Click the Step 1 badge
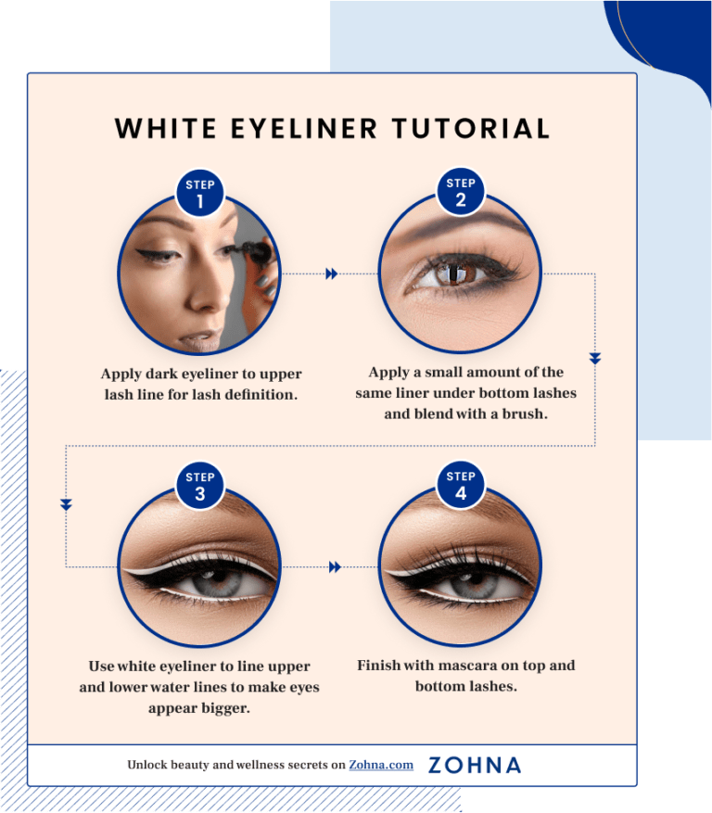200,193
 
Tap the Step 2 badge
461,193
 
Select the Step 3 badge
200,487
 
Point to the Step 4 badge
461,487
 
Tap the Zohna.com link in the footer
381,765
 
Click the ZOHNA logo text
475,765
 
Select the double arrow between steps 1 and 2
332,273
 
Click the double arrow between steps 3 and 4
335,566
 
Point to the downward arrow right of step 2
595,358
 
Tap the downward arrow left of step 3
66,505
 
